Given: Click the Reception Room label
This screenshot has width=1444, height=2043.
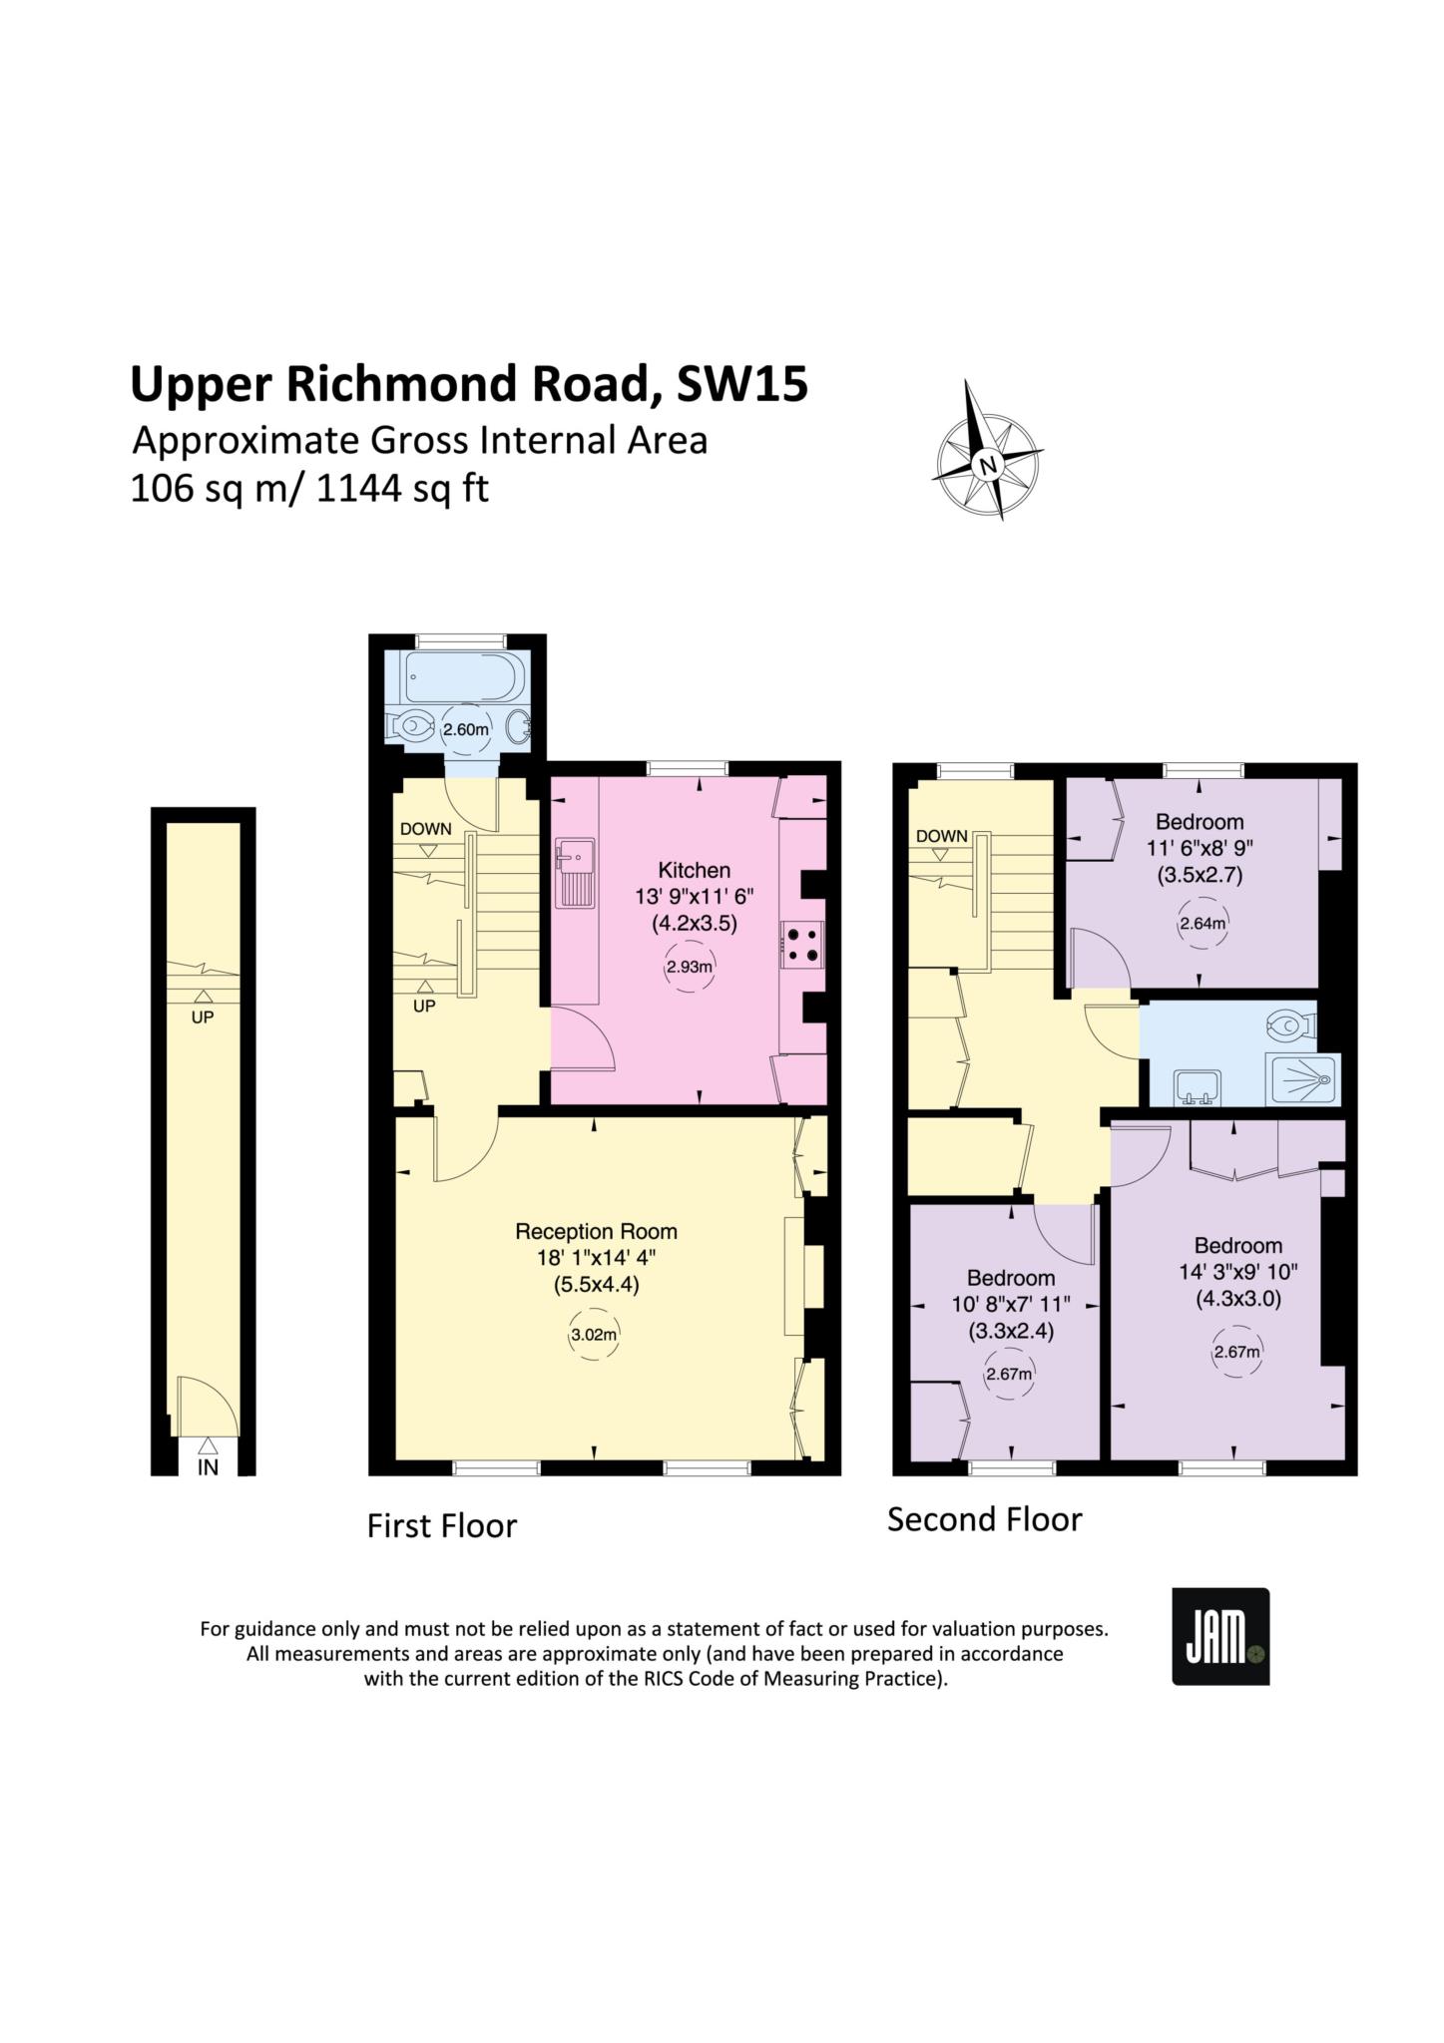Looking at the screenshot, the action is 596,1231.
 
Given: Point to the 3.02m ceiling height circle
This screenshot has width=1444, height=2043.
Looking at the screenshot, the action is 594,1335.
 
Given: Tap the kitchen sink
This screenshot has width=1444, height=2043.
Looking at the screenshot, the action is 576,872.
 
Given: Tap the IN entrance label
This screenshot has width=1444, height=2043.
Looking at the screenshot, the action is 208,1467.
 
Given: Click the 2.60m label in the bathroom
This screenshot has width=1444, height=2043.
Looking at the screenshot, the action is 466,729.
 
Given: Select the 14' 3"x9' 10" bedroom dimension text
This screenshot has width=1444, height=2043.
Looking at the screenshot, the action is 1237,1272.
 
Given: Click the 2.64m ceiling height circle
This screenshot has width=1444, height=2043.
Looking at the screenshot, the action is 1203,923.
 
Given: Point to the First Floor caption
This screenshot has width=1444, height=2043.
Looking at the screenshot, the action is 442,1525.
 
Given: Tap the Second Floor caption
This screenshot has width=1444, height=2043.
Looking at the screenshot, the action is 985,1519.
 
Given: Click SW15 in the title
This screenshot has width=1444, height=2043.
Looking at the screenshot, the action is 742,384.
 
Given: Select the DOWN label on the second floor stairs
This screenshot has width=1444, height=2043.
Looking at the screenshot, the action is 942,835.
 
